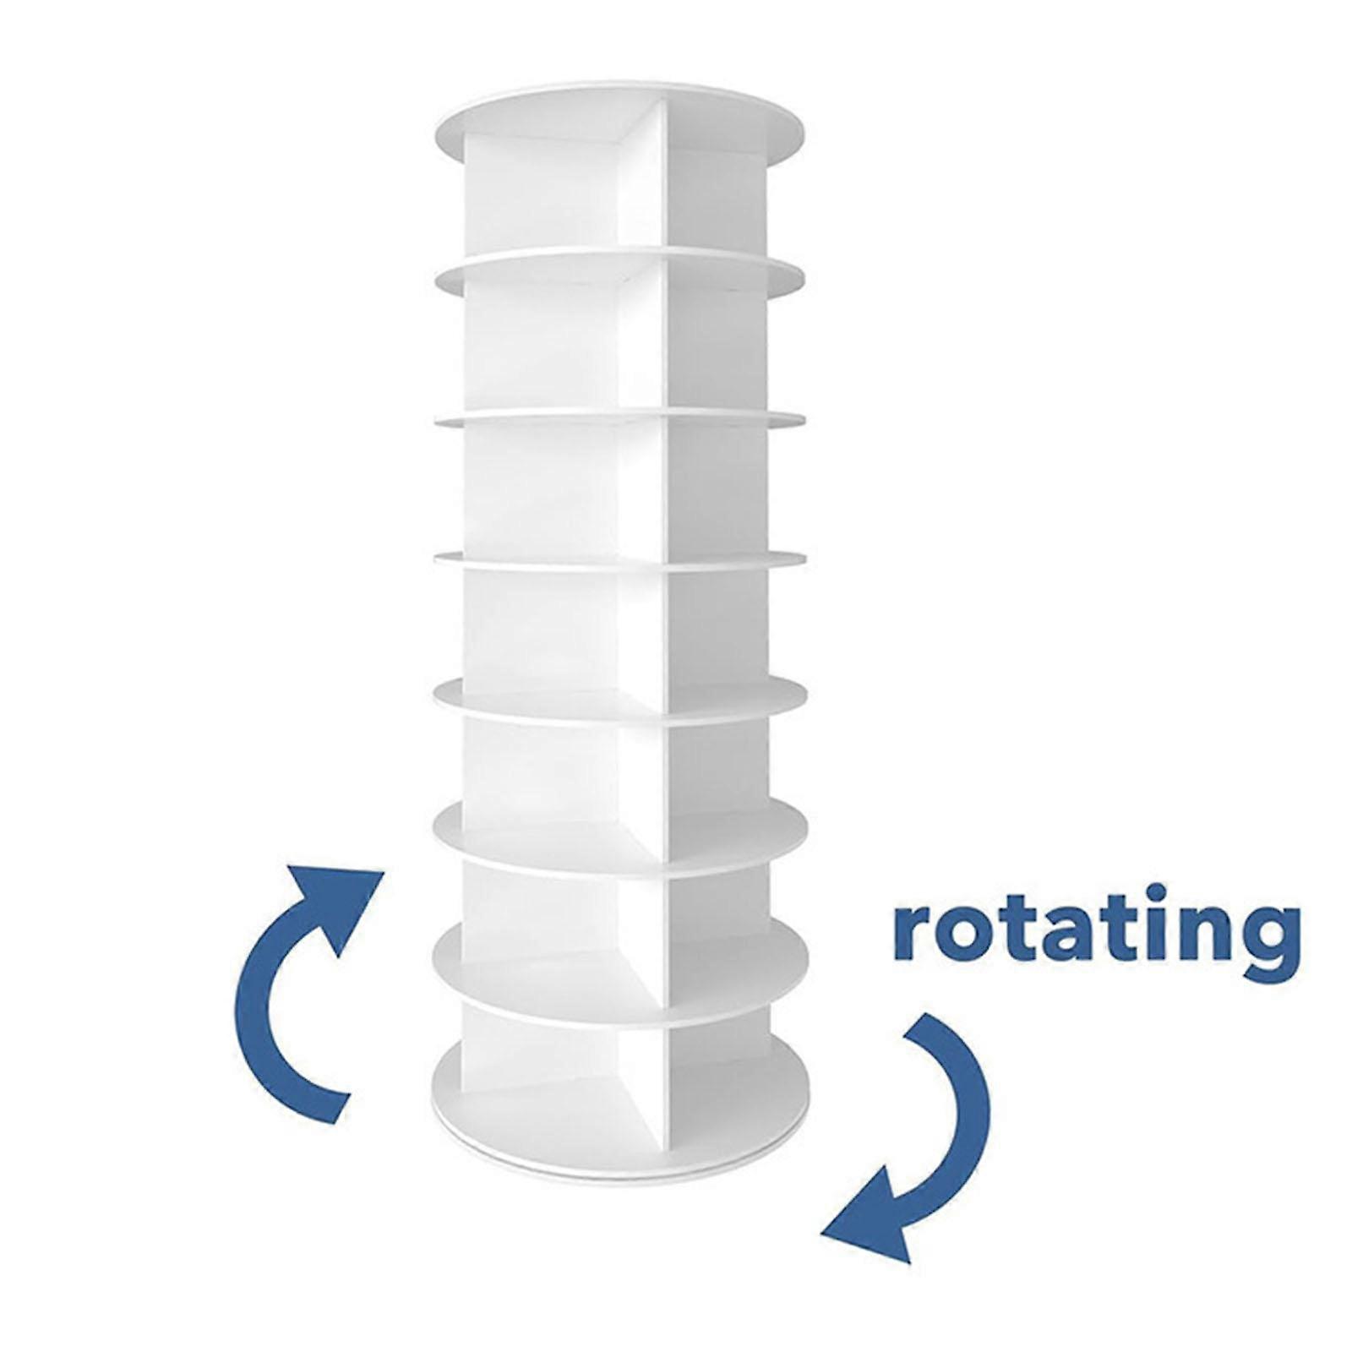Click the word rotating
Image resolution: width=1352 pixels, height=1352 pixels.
coord(1095,937)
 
